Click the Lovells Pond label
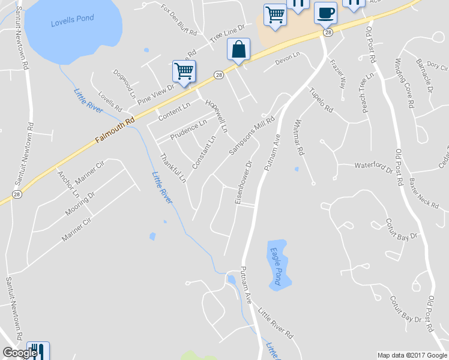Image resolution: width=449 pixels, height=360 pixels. tap(72, 19)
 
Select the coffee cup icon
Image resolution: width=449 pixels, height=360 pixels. tap(326, 13)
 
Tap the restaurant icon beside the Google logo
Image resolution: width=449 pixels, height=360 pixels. tap(37, 351)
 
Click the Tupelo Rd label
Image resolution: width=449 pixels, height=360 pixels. tap(321, 100)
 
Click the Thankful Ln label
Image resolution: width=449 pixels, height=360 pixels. tap(172, 168)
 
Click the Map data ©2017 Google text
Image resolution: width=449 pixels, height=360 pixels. tap(411, 355)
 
